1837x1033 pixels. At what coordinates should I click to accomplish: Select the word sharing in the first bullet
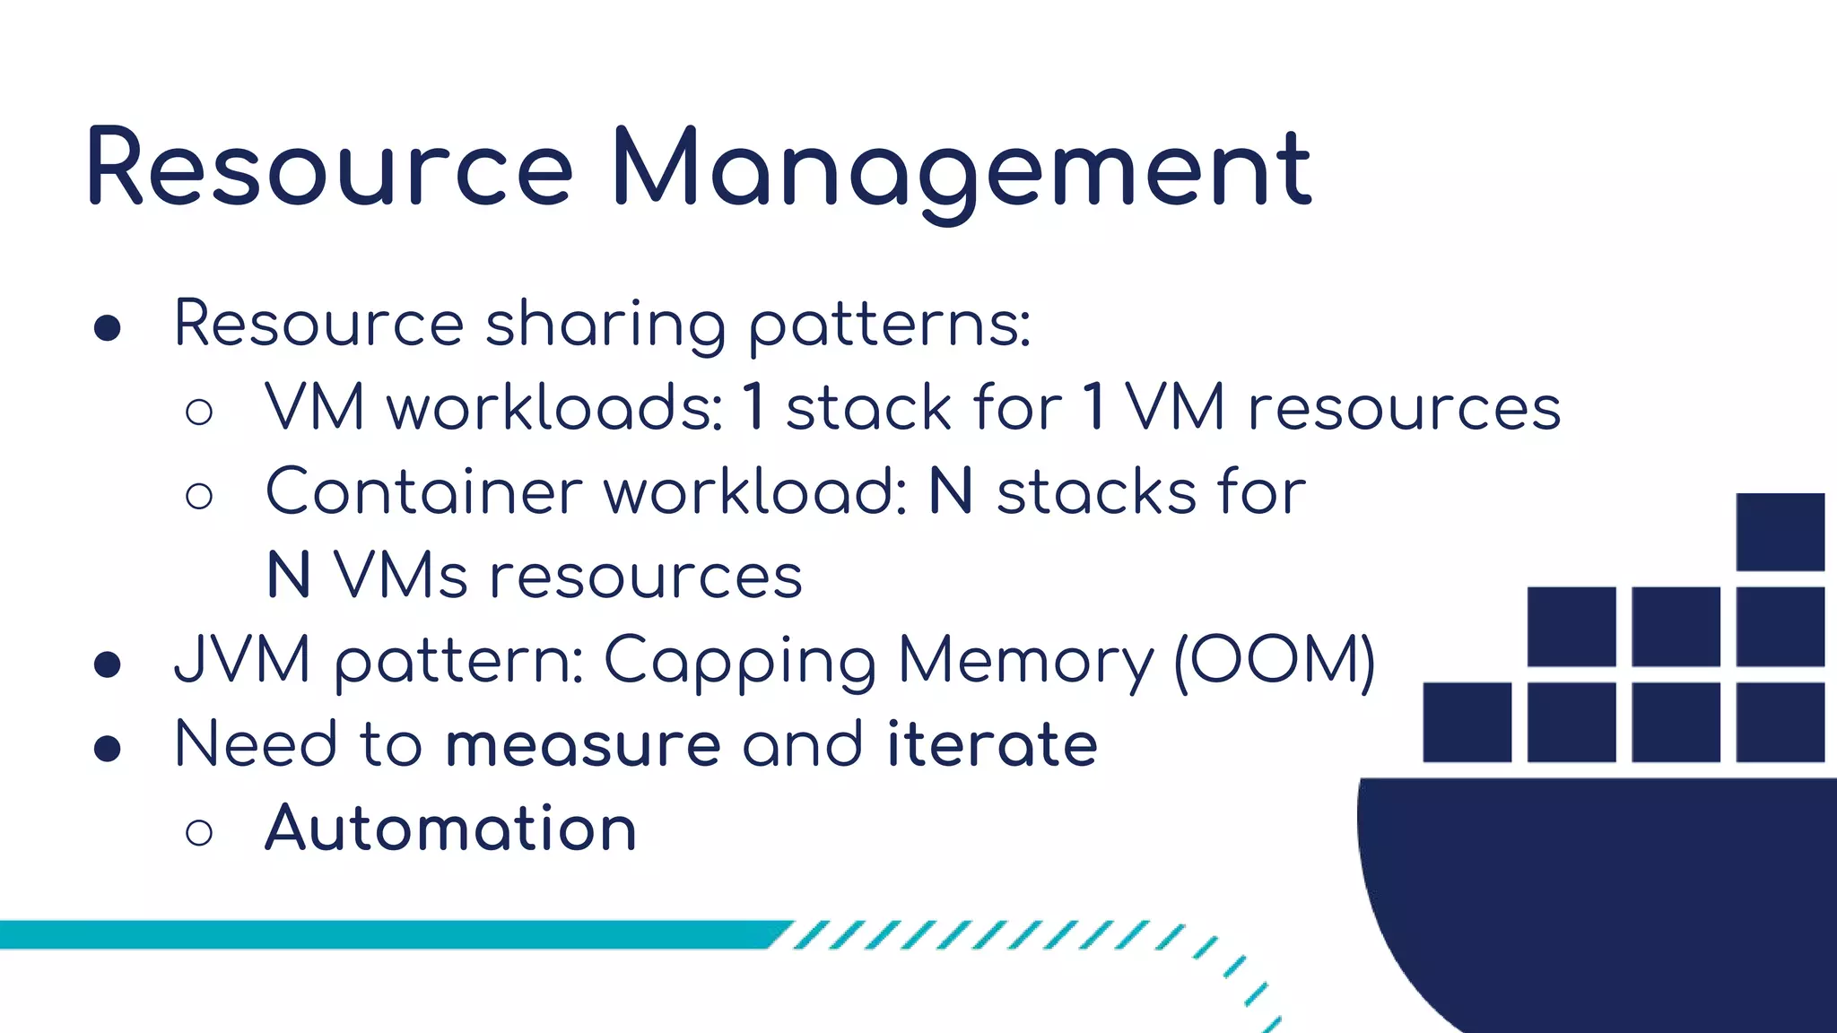pos(605,325)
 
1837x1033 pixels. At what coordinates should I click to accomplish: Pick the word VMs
pos(400,576)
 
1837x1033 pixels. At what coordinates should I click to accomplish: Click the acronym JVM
pos(242,660)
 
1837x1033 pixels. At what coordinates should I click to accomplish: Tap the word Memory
pos(1025,662)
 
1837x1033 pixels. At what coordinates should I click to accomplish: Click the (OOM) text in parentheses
pos(1275,661)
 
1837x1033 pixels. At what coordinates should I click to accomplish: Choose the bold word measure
pos(583,744)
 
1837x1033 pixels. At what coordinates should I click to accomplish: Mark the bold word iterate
pos(992,744)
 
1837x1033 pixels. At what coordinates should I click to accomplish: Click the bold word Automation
pos(450,828)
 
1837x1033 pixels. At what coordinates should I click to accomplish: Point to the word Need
pos(255,744)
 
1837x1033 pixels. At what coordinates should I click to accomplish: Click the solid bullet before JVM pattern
pos(108,664)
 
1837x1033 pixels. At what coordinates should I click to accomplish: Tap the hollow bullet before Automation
pos(199,832)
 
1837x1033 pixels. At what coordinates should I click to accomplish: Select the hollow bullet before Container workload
pos(199,496)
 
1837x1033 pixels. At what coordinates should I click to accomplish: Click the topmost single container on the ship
pos(1780,532)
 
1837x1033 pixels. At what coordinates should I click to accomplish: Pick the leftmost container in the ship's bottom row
pos(1467,722)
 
